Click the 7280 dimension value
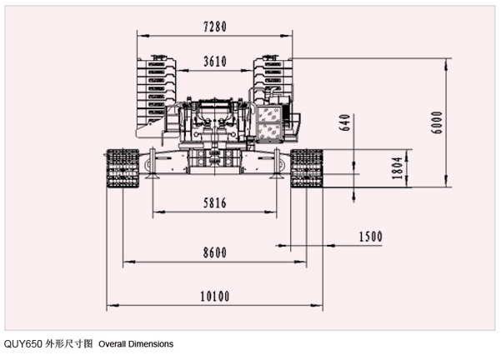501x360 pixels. point(214,27)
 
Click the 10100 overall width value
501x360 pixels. point(214,296)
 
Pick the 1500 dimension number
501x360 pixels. point(369,237)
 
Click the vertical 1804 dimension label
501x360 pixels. point(398,170)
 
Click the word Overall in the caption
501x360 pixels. point(116,343)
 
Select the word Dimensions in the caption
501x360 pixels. point(153,343)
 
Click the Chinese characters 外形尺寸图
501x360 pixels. point(69,343)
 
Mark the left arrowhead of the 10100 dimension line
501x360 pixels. point(108,307)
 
